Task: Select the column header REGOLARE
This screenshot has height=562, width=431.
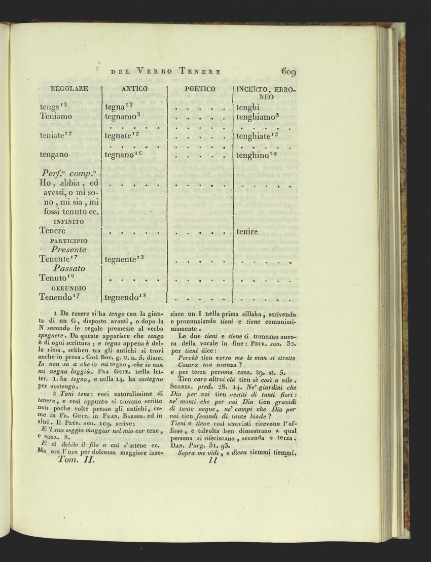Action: tap(70, 89)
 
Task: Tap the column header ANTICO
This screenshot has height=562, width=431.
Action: tap(134, 89)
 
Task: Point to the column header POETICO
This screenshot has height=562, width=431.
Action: tap(200, 89)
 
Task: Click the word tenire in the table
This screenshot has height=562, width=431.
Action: tap(247, 232)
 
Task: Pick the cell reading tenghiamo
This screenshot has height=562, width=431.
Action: tap(256, 117)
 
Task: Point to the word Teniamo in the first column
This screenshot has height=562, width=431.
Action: tap(56, 117)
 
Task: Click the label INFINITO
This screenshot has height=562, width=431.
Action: tap(69, 222)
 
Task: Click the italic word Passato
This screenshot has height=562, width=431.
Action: tap(68, 268)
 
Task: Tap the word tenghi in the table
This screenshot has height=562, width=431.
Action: tap(247, 107)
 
